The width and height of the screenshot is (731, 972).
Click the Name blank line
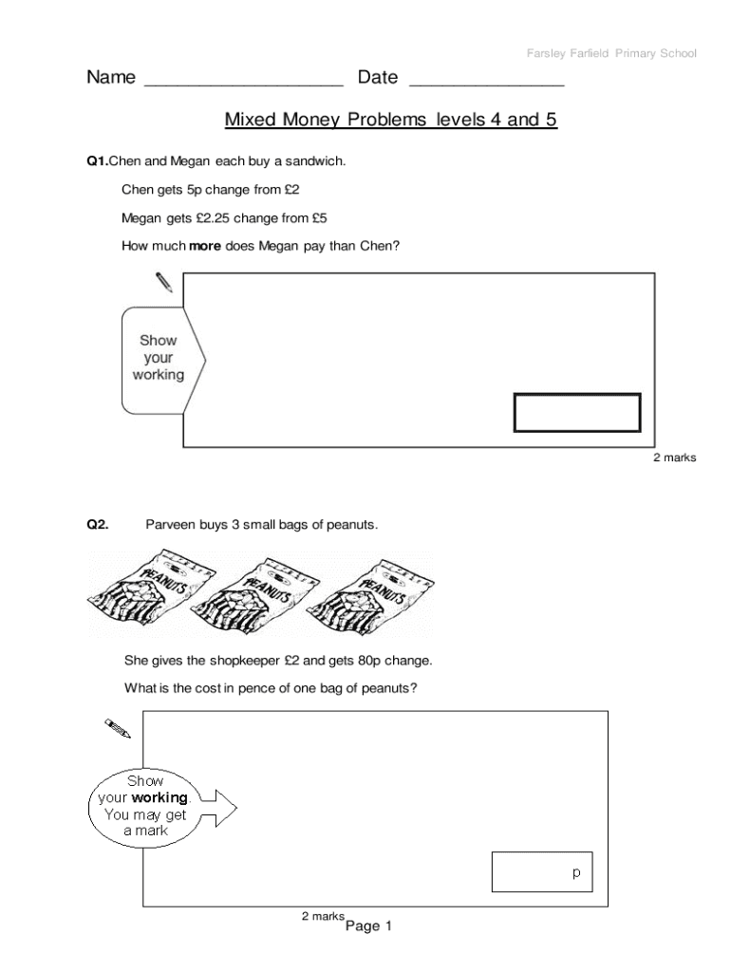click(243, 84)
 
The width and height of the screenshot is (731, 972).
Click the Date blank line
click(486, 84)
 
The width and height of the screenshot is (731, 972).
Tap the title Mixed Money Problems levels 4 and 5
click(390, 121)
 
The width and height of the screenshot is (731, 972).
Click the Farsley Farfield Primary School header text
click(611, 53)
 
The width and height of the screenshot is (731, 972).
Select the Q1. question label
click(98, 161)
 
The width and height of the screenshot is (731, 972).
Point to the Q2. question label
click(98, 523)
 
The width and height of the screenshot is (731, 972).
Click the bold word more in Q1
click(205, 246)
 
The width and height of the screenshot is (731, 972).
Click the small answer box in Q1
click(577, 413)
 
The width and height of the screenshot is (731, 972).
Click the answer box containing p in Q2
click(542, 871)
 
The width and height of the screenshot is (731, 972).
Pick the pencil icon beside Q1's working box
click(163, 282)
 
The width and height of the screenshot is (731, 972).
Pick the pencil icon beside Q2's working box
click(118, 727)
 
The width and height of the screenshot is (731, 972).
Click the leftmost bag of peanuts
click(152, 592)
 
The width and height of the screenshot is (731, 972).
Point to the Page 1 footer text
click(368, 926)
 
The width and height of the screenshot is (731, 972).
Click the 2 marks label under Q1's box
click(674, 458)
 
